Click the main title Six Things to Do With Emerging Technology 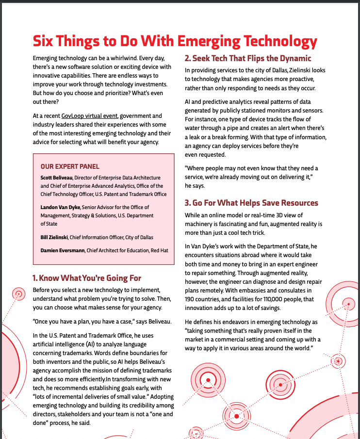pyautogui.click(x=175, y=40)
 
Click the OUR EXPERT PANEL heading pyautogui.click(x=70, y=166)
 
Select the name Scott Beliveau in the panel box pyautogui.click(x=57, y=178)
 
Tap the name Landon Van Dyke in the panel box pyautogui.click(x=60, y=207)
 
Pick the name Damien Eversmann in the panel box pyautogui.click(x=63, y=250)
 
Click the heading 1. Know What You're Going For pyautogui.click(x=87, y=278)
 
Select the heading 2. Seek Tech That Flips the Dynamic pyautogui.click(x=248, y=59)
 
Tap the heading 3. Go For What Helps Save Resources pyautogui.click(x=251, y=203)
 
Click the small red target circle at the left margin pyautogui.click(x=19, y=293)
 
